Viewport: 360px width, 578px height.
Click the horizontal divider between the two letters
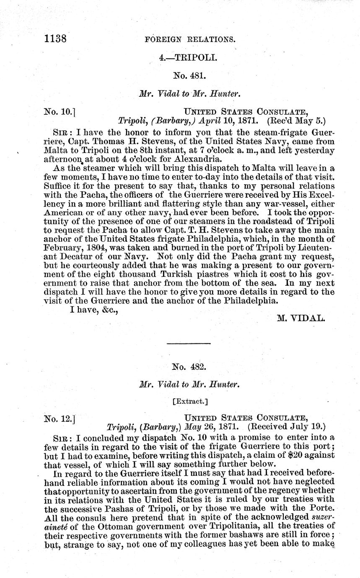[x=188, y=344]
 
